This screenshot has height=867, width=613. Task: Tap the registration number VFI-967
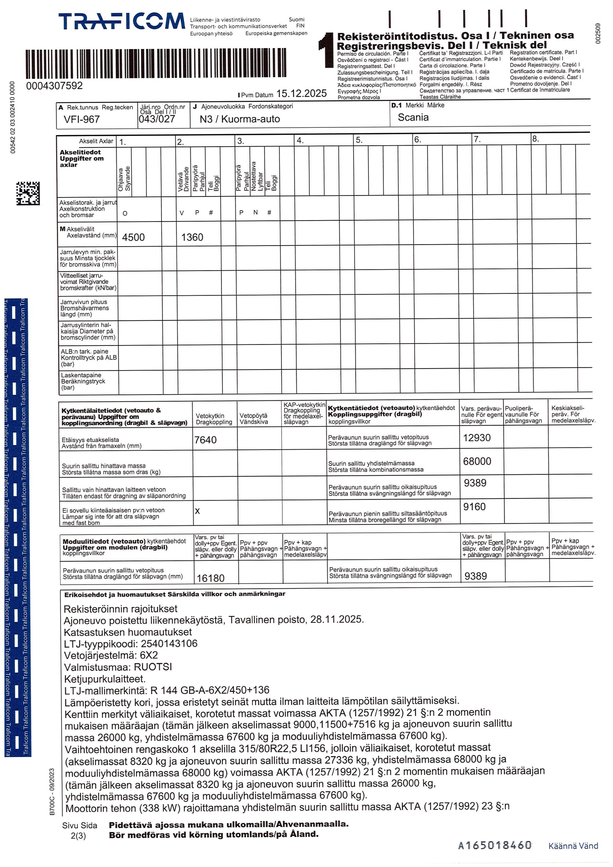82,119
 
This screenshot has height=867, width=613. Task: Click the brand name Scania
413,118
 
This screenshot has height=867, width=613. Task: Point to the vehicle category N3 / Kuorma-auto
239,119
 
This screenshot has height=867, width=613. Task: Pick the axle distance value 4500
133,237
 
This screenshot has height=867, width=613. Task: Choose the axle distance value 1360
192,237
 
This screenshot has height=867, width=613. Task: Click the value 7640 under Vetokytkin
206,440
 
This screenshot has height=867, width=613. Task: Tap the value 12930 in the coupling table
477,438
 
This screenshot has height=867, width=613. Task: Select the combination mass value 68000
477,462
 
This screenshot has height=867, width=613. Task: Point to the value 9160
474,507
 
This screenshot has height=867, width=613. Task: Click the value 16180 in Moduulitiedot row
210,578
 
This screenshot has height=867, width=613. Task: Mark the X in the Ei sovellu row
197,511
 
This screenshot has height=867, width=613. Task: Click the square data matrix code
28,193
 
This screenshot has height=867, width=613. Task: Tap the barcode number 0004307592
55,86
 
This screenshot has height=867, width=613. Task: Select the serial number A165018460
494,845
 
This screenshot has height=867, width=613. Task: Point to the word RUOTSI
153,667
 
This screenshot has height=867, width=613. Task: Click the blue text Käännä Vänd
573,845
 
